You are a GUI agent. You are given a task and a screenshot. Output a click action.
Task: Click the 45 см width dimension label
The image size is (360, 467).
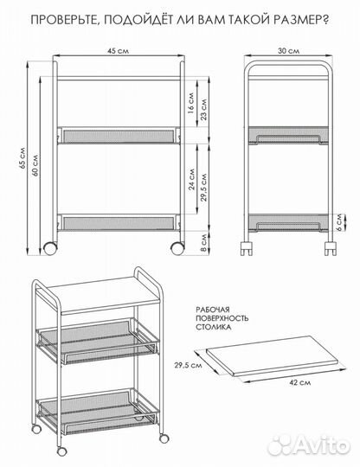119,51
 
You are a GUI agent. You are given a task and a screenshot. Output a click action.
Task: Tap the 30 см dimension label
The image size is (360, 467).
288,51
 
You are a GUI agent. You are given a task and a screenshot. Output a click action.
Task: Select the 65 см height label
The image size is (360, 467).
23,158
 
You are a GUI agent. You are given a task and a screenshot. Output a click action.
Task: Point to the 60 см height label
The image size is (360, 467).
35,165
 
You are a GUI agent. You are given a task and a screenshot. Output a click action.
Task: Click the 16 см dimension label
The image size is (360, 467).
191,103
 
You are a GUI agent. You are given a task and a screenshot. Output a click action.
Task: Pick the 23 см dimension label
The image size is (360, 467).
203,109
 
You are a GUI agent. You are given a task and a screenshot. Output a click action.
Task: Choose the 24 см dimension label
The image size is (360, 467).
191,179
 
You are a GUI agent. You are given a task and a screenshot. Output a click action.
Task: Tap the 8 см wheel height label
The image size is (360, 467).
204,243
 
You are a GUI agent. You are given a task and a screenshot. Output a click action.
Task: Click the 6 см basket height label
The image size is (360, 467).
340,223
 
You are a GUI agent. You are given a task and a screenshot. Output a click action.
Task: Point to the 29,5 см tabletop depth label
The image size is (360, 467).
189,365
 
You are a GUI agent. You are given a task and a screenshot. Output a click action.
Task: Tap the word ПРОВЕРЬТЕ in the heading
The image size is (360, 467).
63,20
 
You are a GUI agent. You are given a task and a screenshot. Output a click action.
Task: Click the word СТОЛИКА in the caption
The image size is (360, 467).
214,327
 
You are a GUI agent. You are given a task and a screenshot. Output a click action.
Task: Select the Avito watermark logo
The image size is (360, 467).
308,446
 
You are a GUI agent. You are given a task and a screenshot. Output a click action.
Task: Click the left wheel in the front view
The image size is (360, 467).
50,248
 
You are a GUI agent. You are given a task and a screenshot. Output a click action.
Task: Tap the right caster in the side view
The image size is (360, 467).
331,248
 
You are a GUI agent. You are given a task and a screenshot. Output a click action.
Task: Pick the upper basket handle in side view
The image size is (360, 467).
288,138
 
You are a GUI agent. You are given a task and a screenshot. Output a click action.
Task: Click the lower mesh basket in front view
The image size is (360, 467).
119,222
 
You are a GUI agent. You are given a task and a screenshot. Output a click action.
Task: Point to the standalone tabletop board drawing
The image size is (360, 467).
272,356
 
